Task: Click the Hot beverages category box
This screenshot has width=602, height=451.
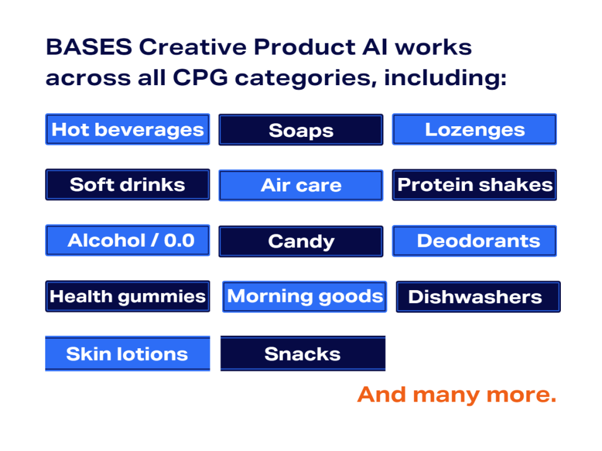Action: coord(128,129)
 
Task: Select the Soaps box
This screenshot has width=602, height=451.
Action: coord(301,130)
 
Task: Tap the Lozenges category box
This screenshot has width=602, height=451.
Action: coord(474,129)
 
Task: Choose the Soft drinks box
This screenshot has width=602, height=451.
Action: coord(128,184)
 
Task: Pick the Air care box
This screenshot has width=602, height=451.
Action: coord(301,185)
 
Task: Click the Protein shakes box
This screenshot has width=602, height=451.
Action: coord(474,185)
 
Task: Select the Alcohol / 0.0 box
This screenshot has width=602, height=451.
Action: coord(128,240)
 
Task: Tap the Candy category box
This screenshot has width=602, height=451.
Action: coord(301,241)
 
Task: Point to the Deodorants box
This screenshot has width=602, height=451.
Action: coord(474,241)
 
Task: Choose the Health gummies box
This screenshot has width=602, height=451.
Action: coord(128,296)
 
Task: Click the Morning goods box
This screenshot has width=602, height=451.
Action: coord(305,297)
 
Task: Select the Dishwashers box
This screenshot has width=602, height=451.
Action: coord(479,297)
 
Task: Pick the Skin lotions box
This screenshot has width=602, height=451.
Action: coord(128,354)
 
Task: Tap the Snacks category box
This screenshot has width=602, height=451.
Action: coord(303,354)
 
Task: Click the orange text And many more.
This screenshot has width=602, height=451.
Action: coord(457,395)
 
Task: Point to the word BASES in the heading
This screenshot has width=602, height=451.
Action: coord(89,47)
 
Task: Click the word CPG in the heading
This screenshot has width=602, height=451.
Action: coord(200,78)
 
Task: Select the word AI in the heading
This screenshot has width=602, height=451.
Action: coord(375,47)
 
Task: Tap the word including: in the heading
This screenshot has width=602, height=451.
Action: coord(446,79)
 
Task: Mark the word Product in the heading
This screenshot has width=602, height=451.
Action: coord(305,47)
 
